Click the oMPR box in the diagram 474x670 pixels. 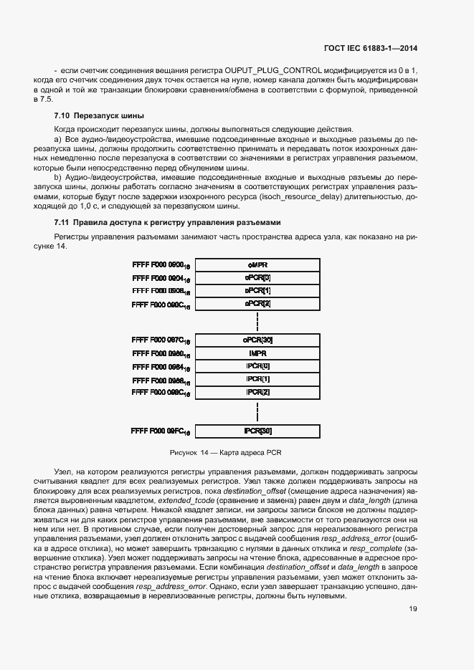pos(257,264)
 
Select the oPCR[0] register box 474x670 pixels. pos(257,277)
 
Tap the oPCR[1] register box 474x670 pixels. pos(257,291)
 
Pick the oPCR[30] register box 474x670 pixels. pos(257,340)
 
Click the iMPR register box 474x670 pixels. pos(257,353)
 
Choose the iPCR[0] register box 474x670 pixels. pos(257,365)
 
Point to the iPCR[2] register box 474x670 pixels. pos(257,392)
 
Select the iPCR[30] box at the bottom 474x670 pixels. pos(257,431)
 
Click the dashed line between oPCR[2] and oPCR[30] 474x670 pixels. pos(257,321)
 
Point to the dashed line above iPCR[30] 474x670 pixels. pos(257,411)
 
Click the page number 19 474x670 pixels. pos(413,610)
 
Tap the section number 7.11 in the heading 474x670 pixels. pos(62,223)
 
